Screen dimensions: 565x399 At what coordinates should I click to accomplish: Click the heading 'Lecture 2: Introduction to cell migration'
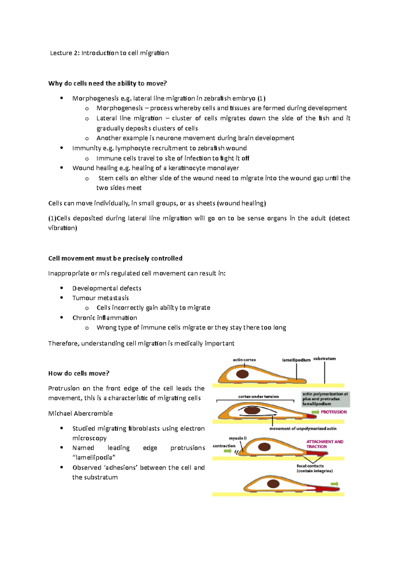(x=109, y=53)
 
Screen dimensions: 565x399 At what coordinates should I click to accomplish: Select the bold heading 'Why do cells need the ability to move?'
(x=107, y=83)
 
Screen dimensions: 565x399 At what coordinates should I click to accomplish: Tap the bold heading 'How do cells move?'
(x=79, y=373)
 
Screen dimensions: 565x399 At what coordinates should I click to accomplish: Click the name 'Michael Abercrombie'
(x=80, y=413)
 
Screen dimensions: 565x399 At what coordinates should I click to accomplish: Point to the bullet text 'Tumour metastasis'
(x=100, y=298)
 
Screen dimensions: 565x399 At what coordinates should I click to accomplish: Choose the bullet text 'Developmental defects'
(x=107, y=288)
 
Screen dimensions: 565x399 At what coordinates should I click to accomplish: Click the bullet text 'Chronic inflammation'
(x=105, y=317)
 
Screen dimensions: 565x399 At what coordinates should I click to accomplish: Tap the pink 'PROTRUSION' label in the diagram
(x=333, y=412)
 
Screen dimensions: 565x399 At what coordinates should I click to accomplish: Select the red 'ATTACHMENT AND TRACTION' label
(x=325, y=444)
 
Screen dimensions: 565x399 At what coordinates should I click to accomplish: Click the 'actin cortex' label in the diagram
(x=244, y=360)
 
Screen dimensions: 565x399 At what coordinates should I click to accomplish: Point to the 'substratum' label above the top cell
(x=324, y=359)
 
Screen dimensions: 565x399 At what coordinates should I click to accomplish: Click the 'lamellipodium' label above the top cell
(x=296, y=360)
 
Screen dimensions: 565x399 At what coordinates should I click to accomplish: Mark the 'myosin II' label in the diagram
(x=238, y=438)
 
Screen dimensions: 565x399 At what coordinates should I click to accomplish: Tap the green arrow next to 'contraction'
(x=227, y=451)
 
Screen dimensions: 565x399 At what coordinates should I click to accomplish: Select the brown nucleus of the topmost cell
(x=242, y=374)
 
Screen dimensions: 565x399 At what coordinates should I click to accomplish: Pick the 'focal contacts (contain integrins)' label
(x=314, y=469)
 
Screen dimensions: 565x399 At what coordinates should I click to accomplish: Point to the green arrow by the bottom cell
(x=334, y=484)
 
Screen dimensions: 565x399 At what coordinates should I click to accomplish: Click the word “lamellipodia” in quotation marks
(x=94, y=458)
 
